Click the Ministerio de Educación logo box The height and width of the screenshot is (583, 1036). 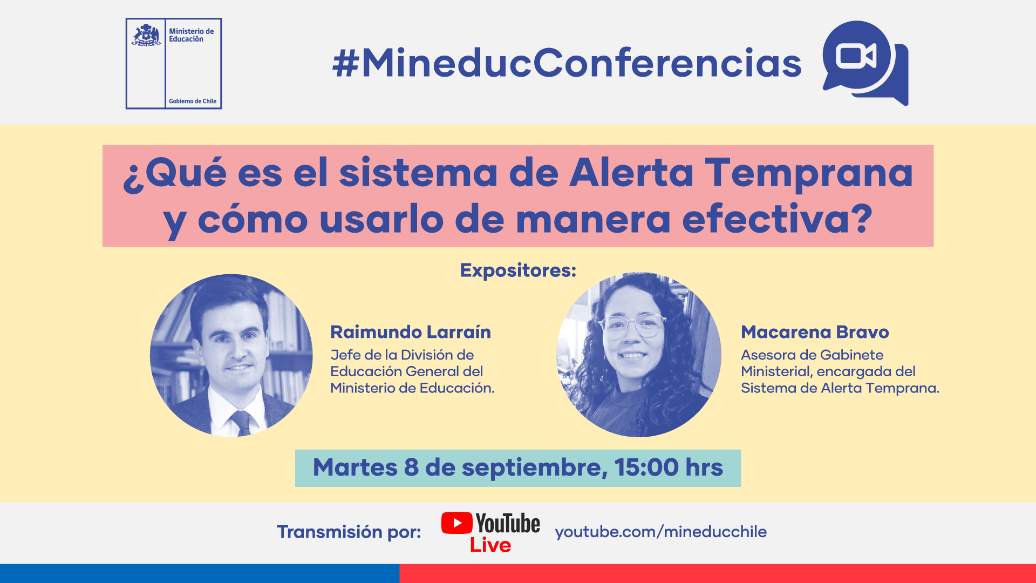point(174,64)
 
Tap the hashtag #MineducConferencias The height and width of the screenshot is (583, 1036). point(567,63)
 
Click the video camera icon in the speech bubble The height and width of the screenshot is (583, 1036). point(856,56)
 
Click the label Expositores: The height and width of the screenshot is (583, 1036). point(518,270)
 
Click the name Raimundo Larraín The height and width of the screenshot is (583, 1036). point(411,332)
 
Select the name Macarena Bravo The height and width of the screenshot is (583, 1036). point(815,332)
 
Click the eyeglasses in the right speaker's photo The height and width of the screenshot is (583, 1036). point(632,326)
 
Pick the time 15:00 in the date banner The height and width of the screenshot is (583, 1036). point(646,467)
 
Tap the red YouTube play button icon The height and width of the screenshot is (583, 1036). point(457,523)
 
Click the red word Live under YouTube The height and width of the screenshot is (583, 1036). point(490,545)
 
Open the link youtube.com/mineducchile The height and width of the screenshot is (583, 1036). point(661,532)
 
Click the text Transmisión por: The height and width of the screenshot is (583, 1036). point(349,532)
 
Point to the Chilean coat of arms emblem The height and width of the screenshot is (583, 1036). point(146,35)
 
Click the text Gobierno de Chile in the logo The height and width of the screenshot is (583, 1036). point(193,101)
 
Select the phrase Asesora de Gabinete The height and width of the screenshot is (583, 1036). point(812,355)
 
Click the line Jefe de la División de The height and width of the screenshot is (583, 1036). point(402,355)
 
